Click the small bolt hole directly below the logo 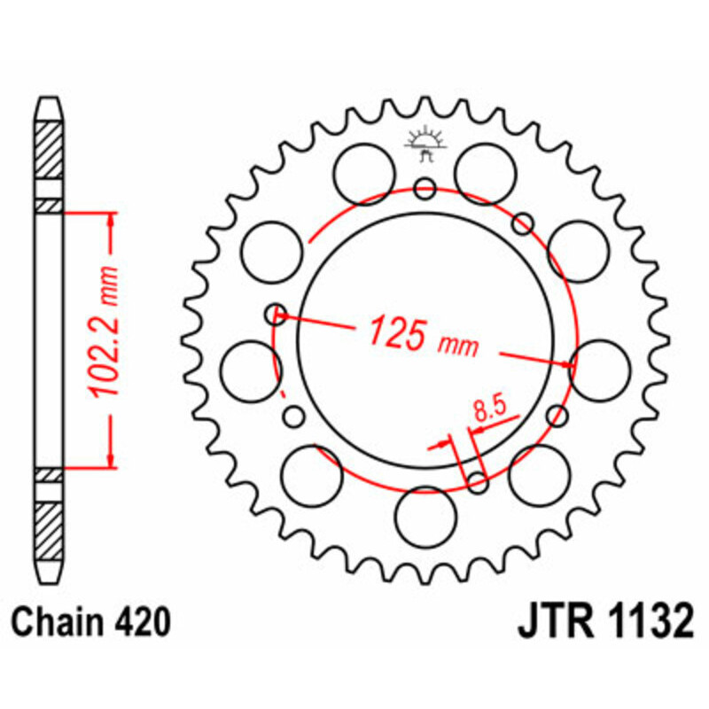click(x=425, y=188)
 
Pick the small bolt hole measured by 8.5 click(x=478, y=483)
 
